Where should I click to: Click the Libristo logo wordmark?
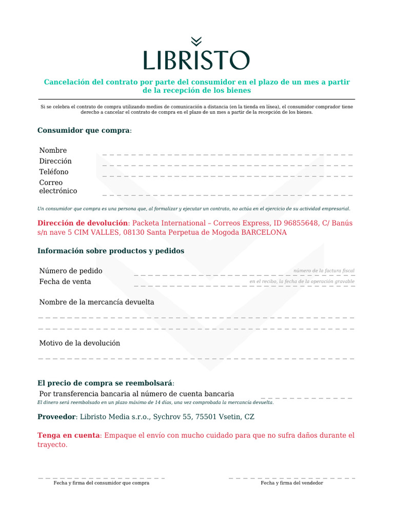[196, 60]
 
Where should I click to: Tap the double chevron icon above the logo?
[196, 41]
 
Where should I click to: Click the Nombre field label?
[53, 150]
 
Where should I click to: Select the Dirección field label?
[55, 161]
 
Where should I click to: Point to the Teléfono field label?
[54, 172]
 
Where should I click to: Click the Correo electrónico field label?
[58, 187]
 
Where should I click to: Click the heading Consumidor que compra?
[84, 130]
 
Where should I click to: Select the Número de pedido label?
[71, 271]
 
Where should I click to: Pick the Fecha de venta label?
[65, 281]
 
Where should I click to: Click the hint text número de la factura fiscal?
[324, 270]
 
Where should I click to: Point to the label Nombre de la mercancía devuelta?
[96, 302]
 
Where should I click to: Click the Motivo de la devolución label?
[80, 343]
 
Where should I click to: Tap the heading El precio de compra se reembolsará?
[105, 383]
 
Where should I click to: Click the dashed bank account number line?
[306, 398]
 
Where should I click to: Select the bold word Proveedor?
[57, 417]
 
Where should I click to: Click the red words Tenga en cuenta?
[68, 435]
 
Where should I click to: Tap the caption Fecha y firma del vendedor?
[292, 483]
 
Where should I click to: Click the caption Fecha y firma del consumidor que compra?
[102, 483]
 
